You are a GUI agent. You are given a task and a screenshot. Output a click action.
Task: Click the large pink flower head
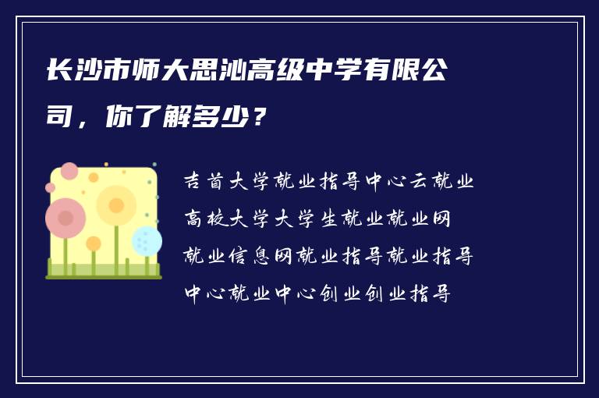pos(66,218)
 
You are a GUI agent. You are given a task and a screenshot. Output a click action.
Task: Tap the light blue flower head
pos(146,240)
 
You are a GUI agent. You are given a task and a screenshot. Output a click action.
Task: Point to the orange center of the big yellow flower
pos(116,205)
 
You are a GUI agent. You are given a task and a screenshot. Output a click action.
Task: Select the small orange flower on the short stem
pos(94,243)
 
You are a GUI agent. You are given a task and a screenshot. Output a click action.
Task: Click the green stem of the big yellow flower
pos(116,250)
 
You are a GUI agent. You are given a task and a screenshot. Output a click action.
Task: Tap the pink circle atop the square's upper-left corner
pos(69,171)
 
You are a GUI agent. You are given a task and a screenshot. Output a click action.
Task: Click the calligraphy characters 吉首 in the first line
pos(204,182)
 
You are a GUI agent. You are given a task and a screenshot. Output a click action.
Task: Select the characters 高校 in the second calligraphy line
pos(204,219)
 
